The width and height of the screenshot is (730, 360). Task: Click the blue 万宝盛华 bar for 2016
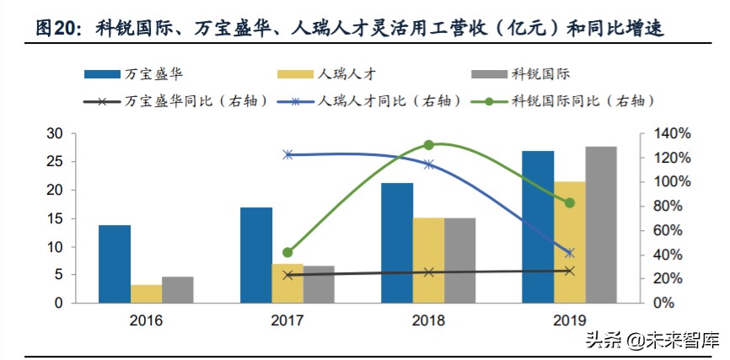[115, 263]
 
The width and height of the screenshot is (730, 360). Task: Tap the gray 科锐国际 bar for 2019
[600, 224]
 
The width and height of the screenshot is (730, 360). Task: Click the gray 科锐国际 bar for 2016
[178, 289]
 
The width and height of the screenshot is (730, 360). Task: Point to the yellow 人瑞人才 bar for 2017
[287, 282]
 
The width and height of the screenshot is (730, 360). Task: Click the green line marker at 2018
[429, 145]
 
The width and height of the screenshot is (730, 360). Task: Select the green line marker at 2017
[287, 252]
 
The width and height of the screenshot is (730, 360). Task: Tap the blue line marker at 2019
[570, 253]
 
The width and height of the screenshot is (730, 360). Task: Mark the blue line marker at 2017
[287, 154]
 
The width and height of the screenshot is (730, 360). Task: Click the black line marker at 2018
[429, 272]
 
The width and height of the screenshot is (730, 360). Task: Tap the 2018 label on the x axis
[428, 320]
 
